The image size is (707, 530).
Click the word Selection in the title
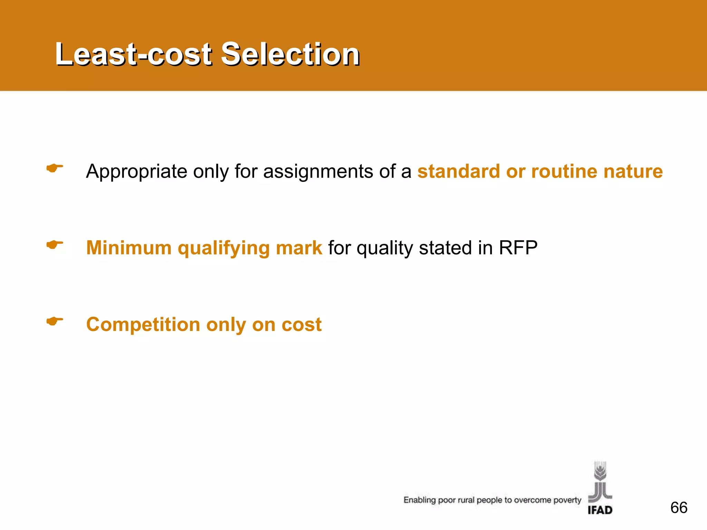coord(290,54)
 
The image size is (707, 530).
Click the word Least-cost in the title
coord(133,54)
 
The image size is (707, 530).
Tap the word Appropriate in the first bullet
coord(136,171)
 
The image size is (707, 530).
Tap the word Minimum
coord(129,248)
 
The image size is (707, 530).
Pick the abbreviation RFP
coord(518,248)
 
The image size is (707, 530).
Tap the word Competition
coord(143,325)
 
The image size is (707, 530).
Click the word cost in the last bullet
coord(301,325)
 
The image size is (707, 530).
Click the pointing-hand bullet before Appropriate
coord(55,168)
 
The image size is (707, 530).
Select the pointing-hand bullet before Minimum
coord(55,245)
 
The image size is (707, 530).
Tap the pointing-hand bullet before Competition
coord(55,322)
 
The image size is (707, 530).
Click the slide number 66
coord(679,508)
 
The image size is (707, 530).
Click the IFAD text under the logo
coord(600,510)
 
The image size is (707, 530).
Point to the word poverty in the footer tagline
coord(567,500)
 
